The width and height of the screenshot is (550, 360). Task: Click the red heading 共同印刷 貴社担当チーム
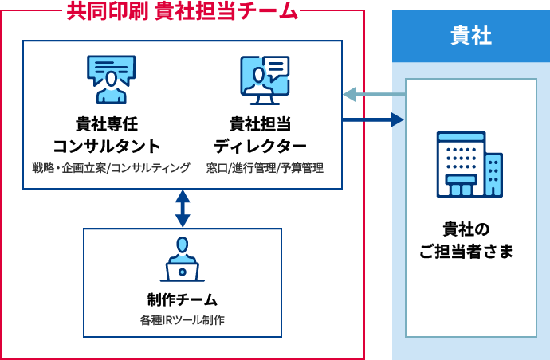coord(182,11)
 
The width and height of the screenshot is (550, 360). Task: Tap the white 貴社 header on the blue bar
coord(470,37)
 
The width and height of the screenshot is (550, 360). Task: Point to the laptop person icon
coord(182,260)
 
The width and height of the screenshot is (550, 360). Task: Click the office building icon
coord(469,165)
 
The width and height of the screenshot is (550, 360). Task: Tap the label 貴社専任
coord(107,125)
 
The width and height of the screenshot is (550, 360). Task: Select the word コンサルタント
coord(107,147)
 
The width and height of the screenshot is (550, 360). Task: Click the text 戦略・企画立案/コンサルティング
coord(111,168)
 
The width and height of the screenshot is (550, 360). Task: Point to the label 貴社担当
coord(260,125)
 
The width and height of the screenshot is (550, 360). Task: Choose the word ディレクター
coord(260,147)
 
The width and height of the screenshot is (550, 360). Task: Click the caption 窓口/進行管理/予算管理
coord(265,168)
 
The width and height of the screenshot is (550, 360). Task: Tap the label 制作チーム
coord(182,300)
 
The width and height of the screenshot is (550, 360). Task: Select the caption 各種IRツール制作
coord(182,320)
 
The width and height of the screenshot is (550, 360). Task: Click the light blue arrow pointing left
coord(371,94)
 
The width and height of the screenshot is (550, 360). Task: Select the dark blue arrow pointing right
coord(373,119)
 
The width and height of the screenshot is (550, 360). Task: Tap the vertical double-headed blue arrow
coord(183,209)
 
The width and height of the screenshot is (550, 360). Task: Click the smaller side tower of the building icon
coord(493,174)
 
